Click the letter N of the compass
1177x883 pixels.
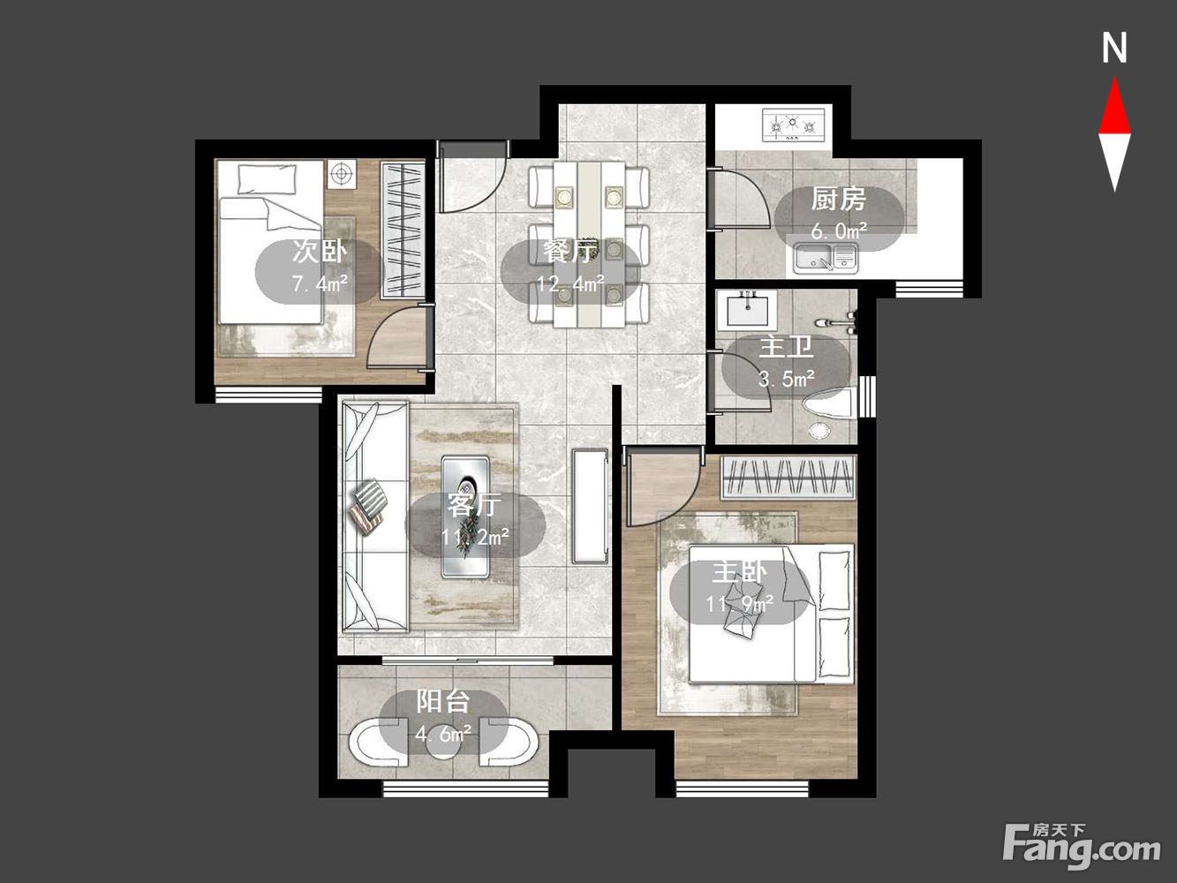point(1114,48)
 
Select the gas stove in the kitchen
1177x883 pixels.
point(794,125)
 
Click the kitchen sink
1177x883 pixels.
point(826,256)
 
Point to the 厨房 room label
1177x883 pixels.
point(838,199)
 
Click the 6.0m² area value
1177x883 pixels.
point(839,231)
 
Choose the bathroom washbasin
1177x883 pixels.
point(747,310)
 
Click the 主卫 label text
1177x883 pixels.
point(786,347)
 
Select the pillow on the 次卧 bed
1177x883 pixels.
point(267,179)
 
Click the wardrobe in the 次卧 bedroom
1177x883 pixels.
point(403,230)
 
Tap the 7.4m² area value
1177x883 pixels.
point(320,283)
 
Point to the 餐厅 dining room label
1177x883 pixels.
point(570,251)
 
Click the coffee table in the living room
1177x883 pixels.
point(465,517)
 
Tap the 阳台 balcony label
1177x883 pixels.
point(443,701)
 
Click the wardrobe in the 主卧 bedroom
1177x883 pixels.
point(788,478)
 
